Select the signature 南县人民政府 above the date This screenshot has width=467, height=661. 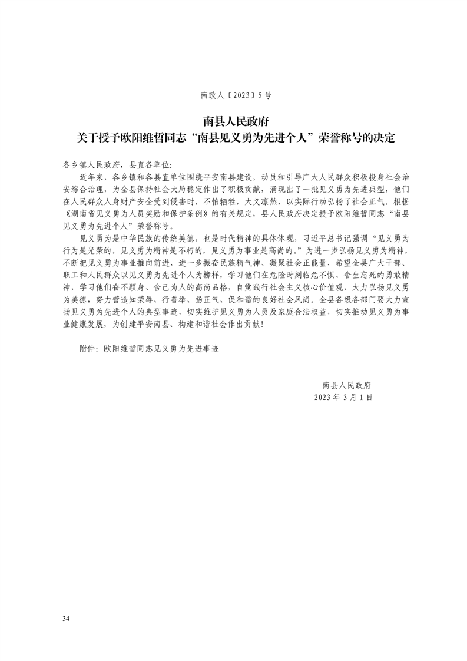[347, 385]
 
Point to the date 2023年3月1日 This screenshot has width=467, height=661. [345, 398]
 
